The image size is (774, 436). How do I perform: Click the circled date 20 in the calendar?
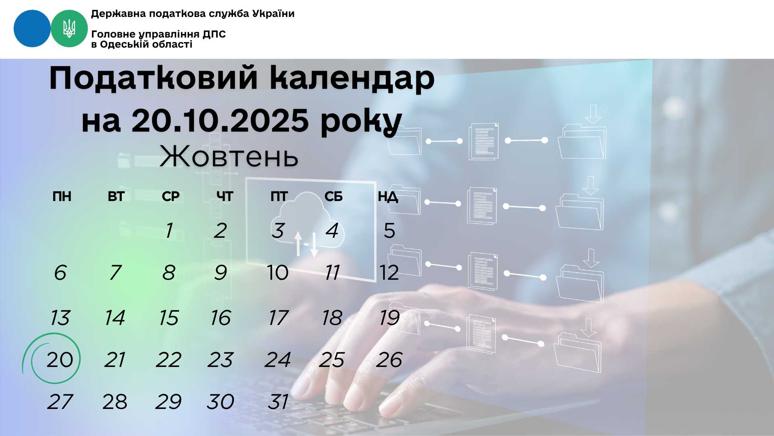click(x=60, y=359)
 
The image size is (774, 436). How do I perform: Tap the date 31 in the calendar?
click(x=278, y=402)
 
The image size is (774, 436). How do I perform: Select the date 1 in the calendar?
click(x=169, y=231)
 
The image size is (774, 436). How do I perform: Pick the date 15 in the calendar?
click(x=169, y=318)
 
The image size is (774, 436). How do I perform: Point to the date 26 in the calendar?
click(x=389, y=359)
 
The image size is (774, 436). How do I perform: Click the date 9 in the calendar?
click(x=221, y=272)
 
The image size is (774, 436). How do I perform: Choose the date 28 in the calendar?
click(x=115, y=402)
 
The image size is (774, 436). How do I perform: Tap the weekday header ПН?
click(x=62, y=197)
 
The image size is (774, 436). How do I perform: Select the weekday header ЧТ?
click(x=225, y=197)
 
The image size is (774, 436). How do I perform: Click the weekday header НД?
click(x=388, y=197)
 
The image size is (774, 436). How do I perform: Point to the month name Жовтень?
click(x=229, y=156)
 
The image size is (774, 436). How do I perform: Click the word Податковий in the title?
click(x=153, y=78)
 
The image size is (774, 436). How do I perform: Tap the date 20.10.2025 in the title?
click(x=220, y=120)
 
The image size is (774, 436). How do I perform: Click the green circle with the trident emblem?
click(x=69, y=29)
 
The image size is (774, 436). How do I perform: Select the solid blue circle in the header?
click(x=32, y=29)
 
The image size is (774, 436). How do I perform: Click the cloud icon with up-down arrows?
click(x=309, y=226)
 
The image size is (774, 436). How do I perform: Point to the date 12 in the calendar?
click(x=389, y=272)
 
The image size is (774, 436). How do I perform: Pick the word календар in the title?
click(x=352, y=78)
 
